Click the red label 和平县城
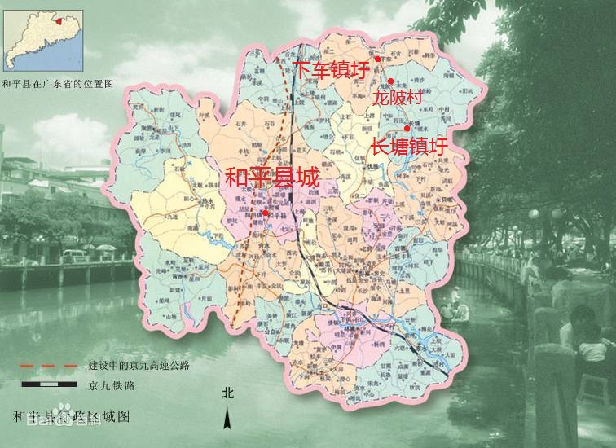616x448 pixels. (x=271, y=178)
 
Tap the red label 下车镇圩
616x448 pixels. (x=331, y=69)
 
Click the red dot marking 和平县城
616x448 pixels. (x=266, y=213)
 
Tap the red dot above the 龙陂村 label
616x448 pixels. (x=391, y=81)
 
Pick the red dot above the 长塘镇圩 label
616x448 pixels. (x=407, y=128)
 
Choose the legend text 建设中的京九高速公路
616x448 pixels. (x=139, y=367)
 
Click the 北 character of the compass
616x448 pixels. (x=228, y=393)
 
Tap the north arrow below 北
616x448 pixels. (x=228, y=417)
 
